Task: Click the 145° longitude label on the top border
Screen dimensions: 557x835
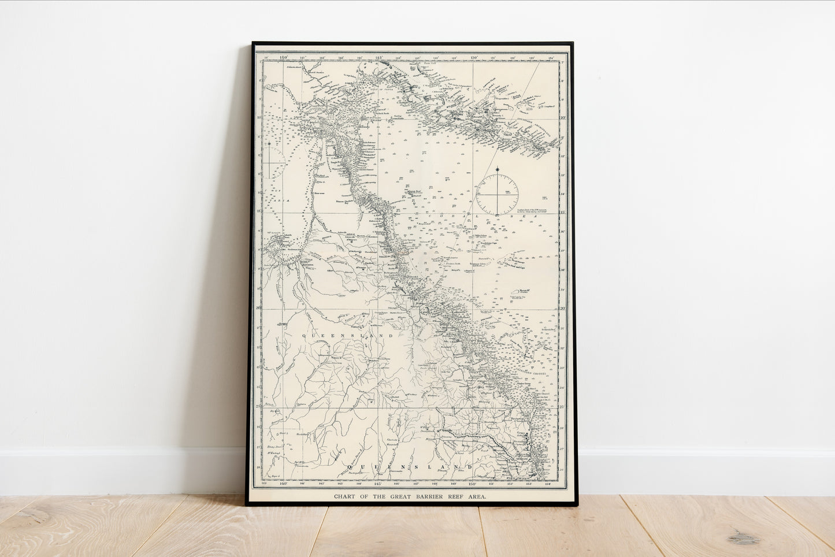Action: click(x=379, y=57)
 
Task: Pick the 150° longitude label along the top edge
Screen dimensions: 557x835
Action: click(x=473, y=57)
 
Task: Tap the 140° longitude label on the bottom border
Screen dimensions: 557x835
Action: click(x=284, y=484)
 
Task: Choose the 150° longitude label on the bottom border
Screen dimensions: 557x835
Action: click(x=472, y=484)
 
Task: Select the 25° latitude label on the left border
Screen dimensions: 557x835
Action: click(x=258, y=406)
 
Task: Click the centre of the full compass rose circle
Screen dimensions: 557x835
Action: click(x=497, y=195)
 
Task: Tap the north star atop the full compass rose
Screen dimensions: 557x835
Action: click(x=497, y=169)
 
